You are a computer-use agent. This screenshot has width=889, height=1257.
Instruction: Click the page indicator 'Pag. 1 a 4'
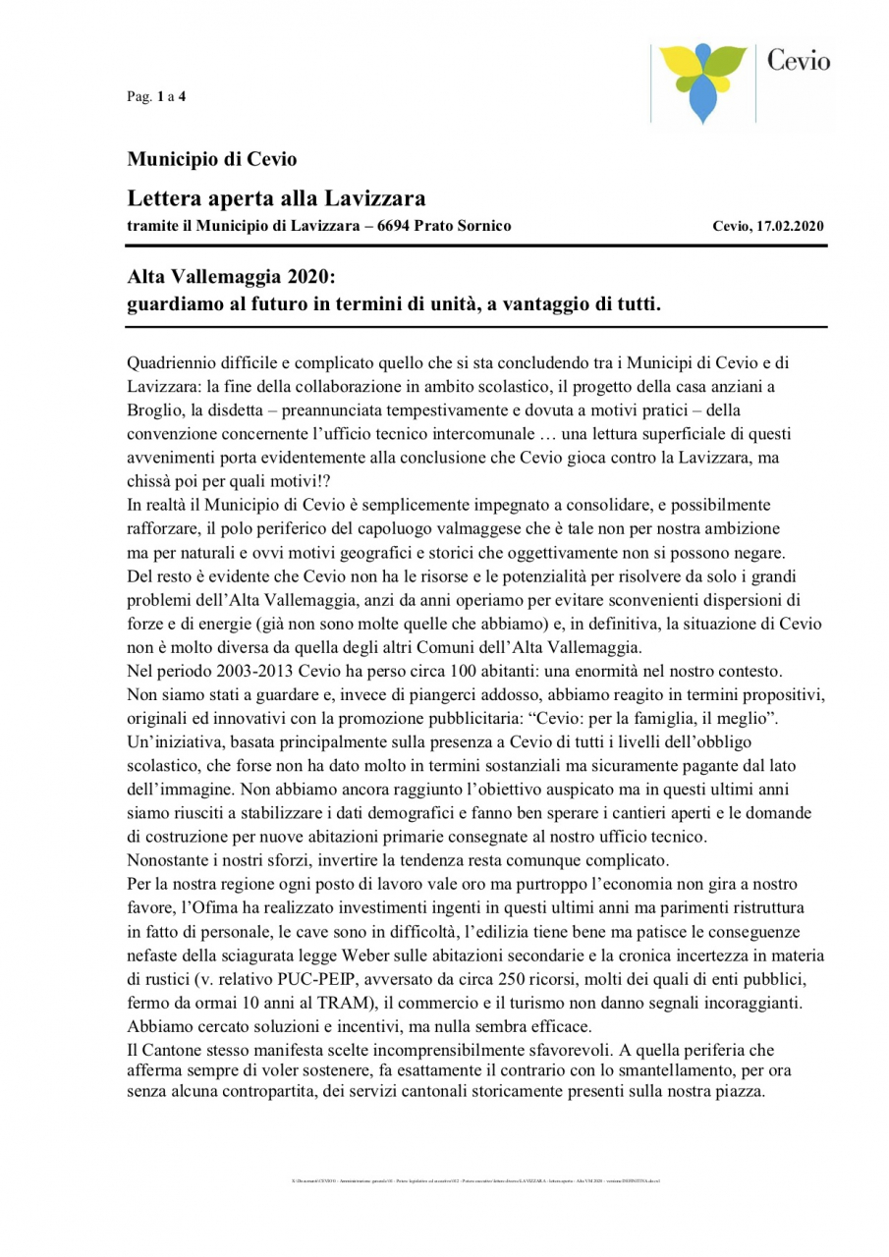(156, 96)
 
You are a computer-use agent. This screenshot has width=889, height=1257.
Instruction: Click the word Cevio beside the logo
(798, 62)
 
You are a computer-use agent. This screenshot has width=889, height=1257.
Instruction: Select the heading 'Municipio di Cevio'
(212, 158)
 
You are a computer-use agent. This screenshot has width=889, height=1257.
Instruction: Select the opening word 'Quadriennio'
(171, 361)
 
